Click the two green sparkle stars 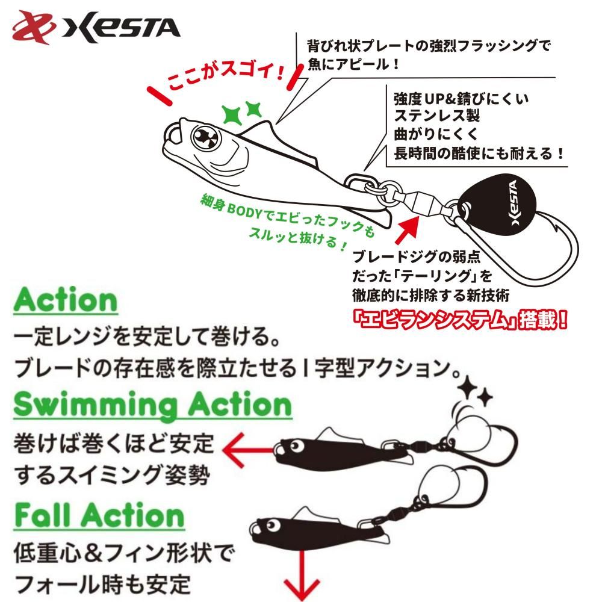pyautogui.click(x=243, y=111)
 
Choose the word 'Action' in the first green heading pyautogui.click(x=66, y=299)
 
